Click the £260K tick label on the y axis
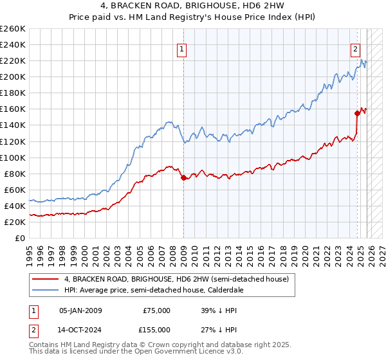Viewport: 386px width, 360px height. click(x=12, y=29)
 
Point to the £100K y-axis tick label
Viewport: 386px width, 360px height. click(x=12, y=157)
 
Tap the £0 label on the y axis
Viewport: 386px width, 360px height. click(x=19, y=238)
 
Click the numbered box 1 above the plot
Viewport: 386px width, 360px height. click(x=182, y=48)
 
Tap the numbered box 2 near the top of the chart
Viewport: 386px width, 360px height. click(x=355, y=48)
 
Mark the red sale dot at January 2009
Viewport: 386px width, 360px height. click(x=183, y=177)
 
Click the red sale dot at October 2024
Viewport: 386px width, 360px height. click(x=357, y=113)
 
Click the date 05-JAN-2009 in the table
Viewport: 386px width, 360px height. click(x=80, y=310)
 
